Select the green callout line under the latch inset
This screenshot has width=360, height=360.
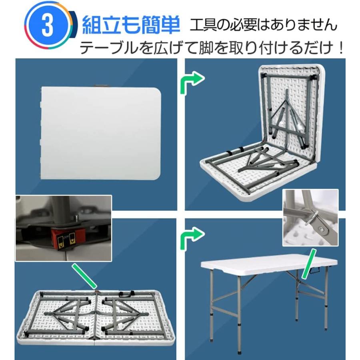(84, 276)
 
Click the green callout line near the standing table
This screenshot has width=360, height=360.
(308, 264)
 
